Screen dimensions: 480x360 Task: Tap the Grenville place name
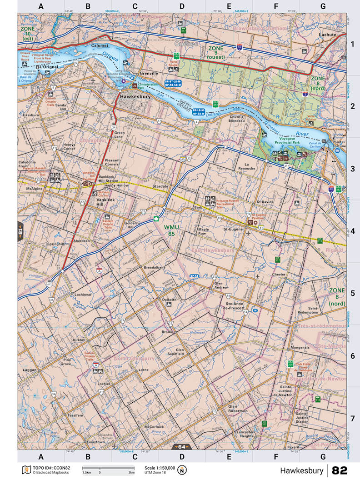click(x=149, y=73)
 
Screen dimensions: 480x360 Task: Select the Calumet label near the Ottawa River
click(x=100, y=46)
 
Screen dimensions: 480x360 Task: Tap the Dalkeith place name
click(x=169, y=300)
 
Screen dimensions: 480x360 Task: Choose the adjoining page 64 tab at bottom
click(x=182, y=447)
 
